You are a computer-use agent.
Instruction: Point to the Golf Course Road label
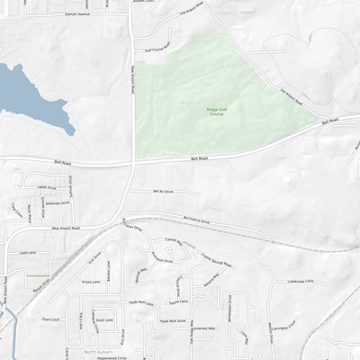(156, 49)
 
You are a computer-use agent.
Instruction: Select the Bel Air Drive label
(163, 192)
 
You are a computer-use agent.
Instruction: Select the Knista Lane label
(90, 281)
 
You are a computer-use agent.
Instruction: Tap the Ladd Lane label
(27, 253)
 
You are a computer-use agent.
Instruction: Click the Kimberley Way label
(204, 328)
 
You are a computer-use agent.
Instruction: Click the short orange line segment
(38, 274)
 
